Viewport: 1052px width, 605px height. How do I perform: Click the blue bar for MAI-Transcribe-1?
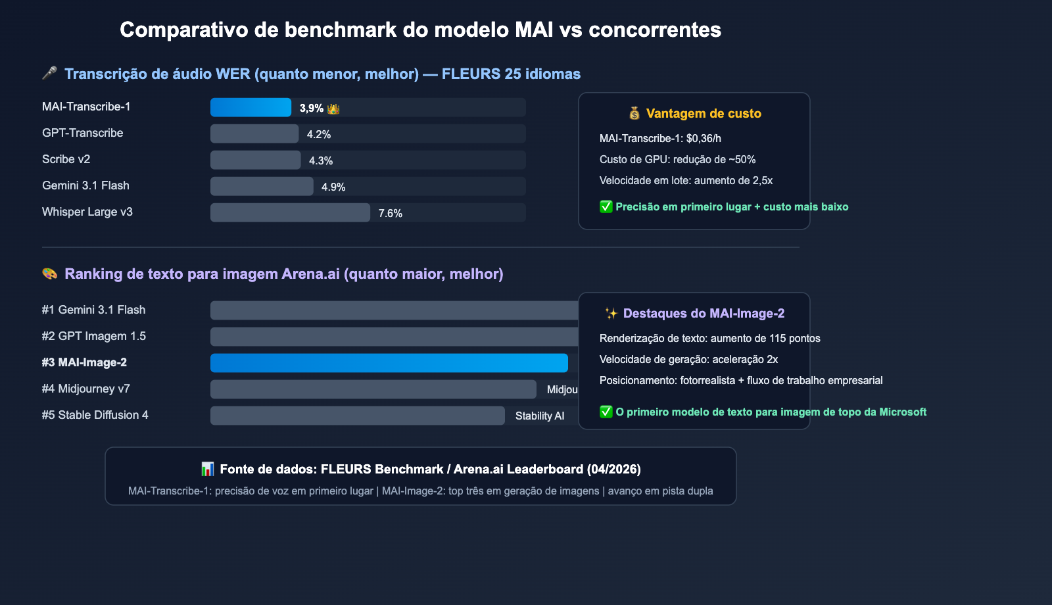(x=251, y=107)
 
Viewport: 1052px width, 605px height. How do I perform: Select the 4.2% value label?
(x=319, y=134)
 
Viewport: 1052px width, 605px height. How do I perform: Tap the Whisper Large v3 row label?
(x=87, y=212)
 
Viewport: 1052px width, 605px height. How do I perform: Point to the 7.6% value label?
(x=391, y=213)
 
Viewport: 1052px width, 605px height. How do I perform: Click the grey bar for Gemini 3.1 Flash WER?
(x=262, y=186)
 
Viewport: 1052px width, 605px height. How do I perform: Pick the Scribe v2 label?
(x=66, y=159)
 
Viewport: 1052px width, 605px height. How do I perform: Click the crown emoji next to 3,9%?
(x=333, y=109)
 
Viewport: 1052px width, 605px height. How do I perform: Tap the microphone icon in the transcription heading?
(x=49, y=73)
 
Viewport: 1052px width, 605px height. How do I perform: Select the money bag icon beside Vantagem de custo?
(x=634, y=113)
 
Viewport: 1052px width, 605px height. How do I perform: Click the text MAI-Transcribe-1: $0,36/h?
(x=660, y=138)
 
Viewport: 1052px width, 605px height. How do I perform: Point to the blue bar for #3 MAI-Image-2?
(x=389, y=363)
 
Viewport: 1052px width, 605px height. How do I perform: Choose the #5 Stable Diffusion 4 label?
(x=95, y=415)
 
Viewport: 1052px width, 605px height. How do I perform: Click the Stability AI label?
(x=540, y=416)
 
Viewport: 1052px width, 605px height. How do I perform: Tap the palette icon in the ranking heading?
(x=49, y=274)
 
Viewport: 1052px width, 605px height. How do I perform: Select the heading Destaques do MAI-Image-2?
(x=704, y=313)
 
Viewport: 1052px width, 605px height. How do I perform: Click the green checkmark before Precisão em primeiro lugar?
(x=606, y=206)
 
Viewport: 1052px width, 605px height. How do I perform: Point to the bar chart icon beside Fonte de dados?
(x=207, y=469)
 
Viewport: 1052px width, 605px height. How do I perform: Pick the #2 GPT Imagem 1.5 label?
(x=93, y=336)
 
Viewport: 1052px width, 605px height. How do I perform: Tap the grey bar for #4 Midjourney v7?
(x=373, y=389)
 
